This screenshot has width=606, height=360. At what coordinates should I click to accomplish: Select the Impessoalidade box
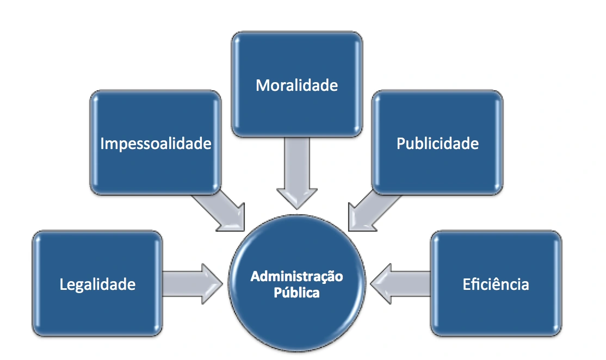click(156, 142)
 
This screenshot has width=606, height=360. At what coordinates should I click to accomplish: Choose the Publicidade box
click(437, 142)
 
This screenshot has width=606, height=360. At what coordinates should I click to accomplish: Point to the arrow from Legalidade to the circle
click(193, 283)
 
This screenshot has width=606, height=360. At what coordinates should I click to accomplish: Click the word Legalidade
click(97, 284)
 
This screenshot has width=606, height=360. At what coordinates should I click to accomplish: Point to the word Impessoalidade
click(156, 144)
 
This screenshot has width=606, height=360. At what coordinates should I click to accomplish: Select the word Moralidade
click(297, 85)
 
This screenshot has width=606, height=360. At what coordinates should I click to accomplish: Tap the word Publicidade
click(437, 144)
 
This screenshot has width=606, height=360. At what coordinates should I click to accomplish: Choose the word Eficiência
click(496, 284)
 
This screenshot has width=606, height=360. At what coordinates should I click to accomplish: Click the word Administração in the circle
click(297, 277)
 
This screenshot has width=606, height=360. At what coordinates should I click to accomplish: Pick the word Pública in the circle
click(297, 293)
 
